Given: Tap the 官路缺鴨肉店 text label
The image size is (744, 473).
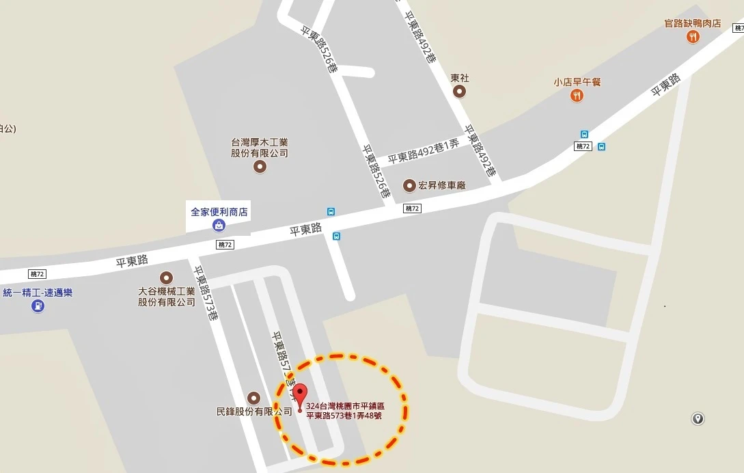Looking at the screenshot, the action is coord(693,23).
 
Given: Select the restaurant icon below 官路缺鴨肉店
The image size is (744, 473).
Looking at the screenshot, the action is coord(693,37).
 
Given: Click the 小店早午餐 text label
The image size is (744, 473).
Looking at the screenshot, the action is coord(577,82).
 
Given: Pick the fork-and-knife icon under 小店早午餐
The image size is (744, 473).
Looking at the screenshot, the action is coord(577,96).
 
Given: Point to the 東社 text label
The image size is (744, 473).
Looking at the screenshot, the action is coord(460,78).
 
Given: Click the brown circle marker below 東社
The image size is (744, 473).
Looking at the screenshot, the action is coord(460,92).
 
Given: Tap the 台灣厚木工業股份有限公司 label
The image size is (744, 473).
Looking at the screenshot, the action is coord(260,148).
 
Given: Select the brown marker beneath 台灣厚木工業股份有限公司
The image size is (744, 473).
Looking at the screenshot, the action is coord(260,166).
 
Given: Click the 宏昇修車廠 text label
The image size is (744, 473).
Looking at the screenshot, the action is coord(441,185).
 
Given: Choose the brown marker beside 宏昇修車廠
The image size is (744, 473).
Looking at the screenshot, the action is coord(409,185).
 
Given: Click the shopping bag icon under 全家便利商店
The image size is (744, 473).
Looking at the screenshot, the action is coord(219,226).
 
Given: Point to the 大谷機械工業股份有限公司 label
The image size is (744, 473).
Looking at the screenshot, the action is coord(167,296).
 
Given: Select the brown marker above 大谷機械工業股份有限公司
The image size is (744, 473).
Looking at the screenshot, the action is coord(166,278).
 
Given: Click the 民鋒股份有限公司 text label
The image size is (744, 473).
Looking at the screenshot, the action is coord(254,411).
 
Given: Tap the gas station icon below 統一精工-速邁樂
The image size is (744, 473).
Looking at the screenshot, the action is coord(38,306).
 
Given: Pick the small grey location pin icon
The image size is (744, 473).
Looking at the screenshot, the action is coord(698,418).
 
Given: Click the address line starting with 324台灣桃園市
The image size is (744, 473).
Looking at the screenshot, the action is coord(350,406).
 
